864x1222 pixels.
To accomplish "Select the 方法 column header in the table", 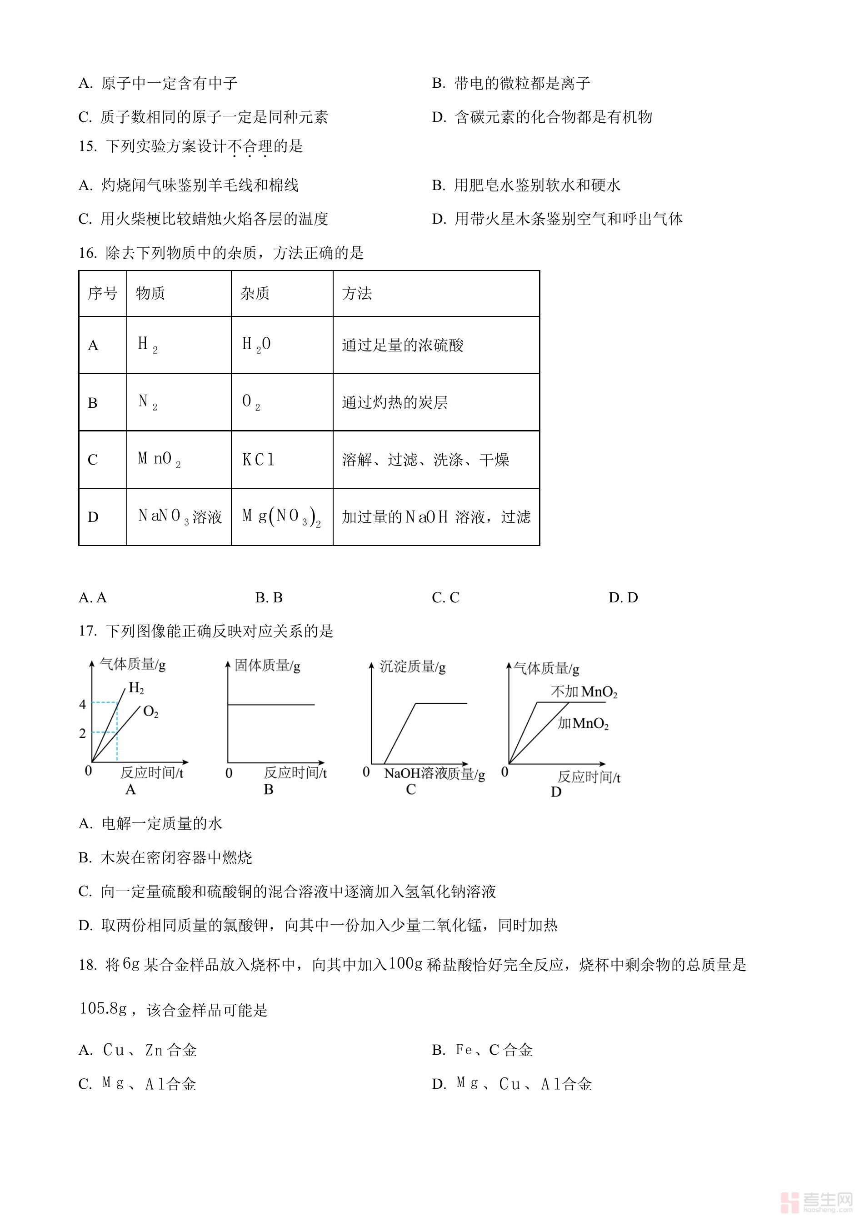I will [x=356, y=293].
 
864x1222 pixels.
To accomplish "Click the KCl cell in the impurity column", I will [x=259, y=459].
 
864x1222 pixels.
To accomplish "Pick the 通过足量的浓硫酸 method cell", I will [x=403, y=346].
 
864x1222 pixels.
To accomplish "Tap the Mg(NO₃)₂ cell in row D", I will [x=281, y=517].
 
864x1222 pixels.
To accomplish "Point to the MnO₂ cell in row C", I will [x=159, y=459].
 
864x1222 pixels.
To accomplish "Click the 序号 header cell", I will [x=103, y=293].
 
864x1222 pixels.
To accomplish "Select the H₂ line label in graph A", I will [x=136, y=688].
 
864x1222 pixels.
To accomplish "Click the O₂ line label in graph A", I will [x=150, y=711].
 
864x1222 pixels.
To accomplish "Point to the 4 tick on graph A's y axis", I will [x=82, y=704].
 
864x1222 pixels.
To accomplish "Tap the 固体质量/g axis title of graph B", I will [x=268, y=665].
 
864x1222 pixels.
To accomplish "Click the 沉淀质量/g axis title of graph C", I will [x=412, y=666].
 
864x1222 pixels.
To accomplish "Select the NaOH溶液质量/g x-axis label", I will [x=434, y=774].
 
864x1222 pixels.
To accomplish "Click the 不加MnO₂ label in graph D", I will [x=584, y=692].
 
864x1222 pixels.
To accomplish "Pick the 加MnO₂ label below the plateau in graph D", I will [x=583, y=723].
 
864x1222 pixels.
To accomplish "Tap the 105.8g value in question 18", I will [x=103, y=1009].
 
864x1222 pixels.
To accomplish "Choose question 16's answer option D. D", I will [x=623, y=598].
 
